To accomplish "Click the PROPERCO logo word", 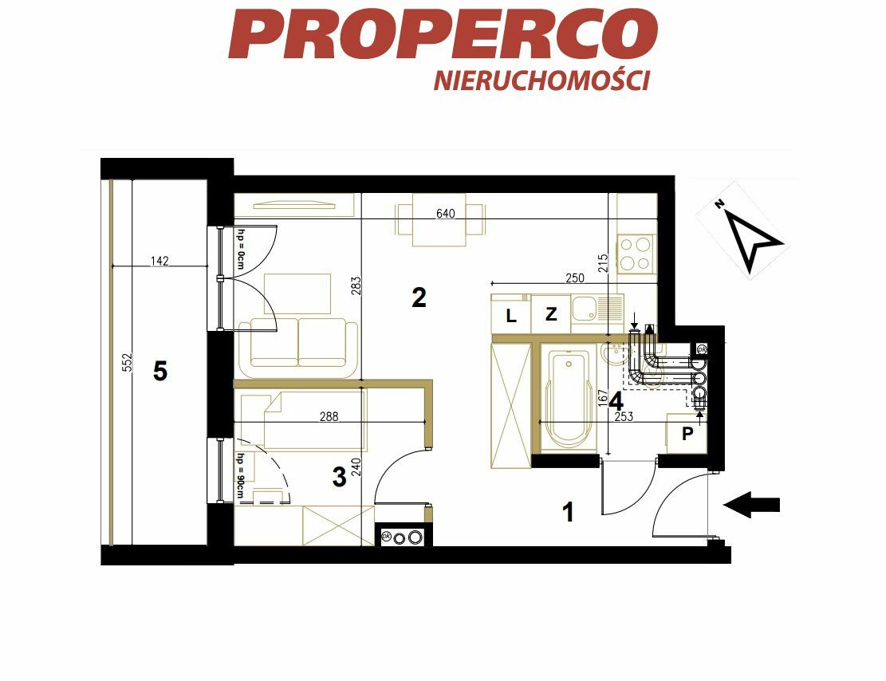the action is click(x=443, y=34).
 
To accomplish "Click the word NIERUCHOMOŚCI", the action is click(x=541, y=81).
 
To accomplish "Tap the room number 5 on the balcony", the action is click(x=160, y=372).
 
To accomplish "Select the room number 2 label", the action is click(x=419, y=297).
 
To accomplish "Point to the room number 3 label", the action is click(x=339, y=477).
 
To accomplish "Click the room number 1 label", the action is click(x=569, y=512).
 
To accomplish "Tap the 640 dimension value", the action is click(x=445, y=214).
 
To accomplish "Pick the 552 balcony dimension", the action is click(x=127, y=363).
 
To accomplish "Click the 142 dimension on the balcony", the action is click(x=159, y=261).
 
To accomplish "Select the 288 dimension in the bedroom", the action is click(x=329, y=416).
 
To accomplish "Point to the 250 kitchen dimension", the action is click(x=575, y=278).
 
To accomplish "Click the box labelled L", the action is click(x=511, y=314).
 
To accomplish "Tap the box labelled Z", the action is click(x=551, y=314).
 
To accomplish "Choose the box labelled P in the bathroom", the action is click(x=687, y=434).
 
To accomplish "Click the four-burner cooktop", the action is click(x=636, y=254).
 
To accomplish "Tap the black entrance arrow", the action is click(x=751, y=505).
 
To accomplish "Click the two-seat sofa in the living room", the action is click(x=298, y=348).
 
